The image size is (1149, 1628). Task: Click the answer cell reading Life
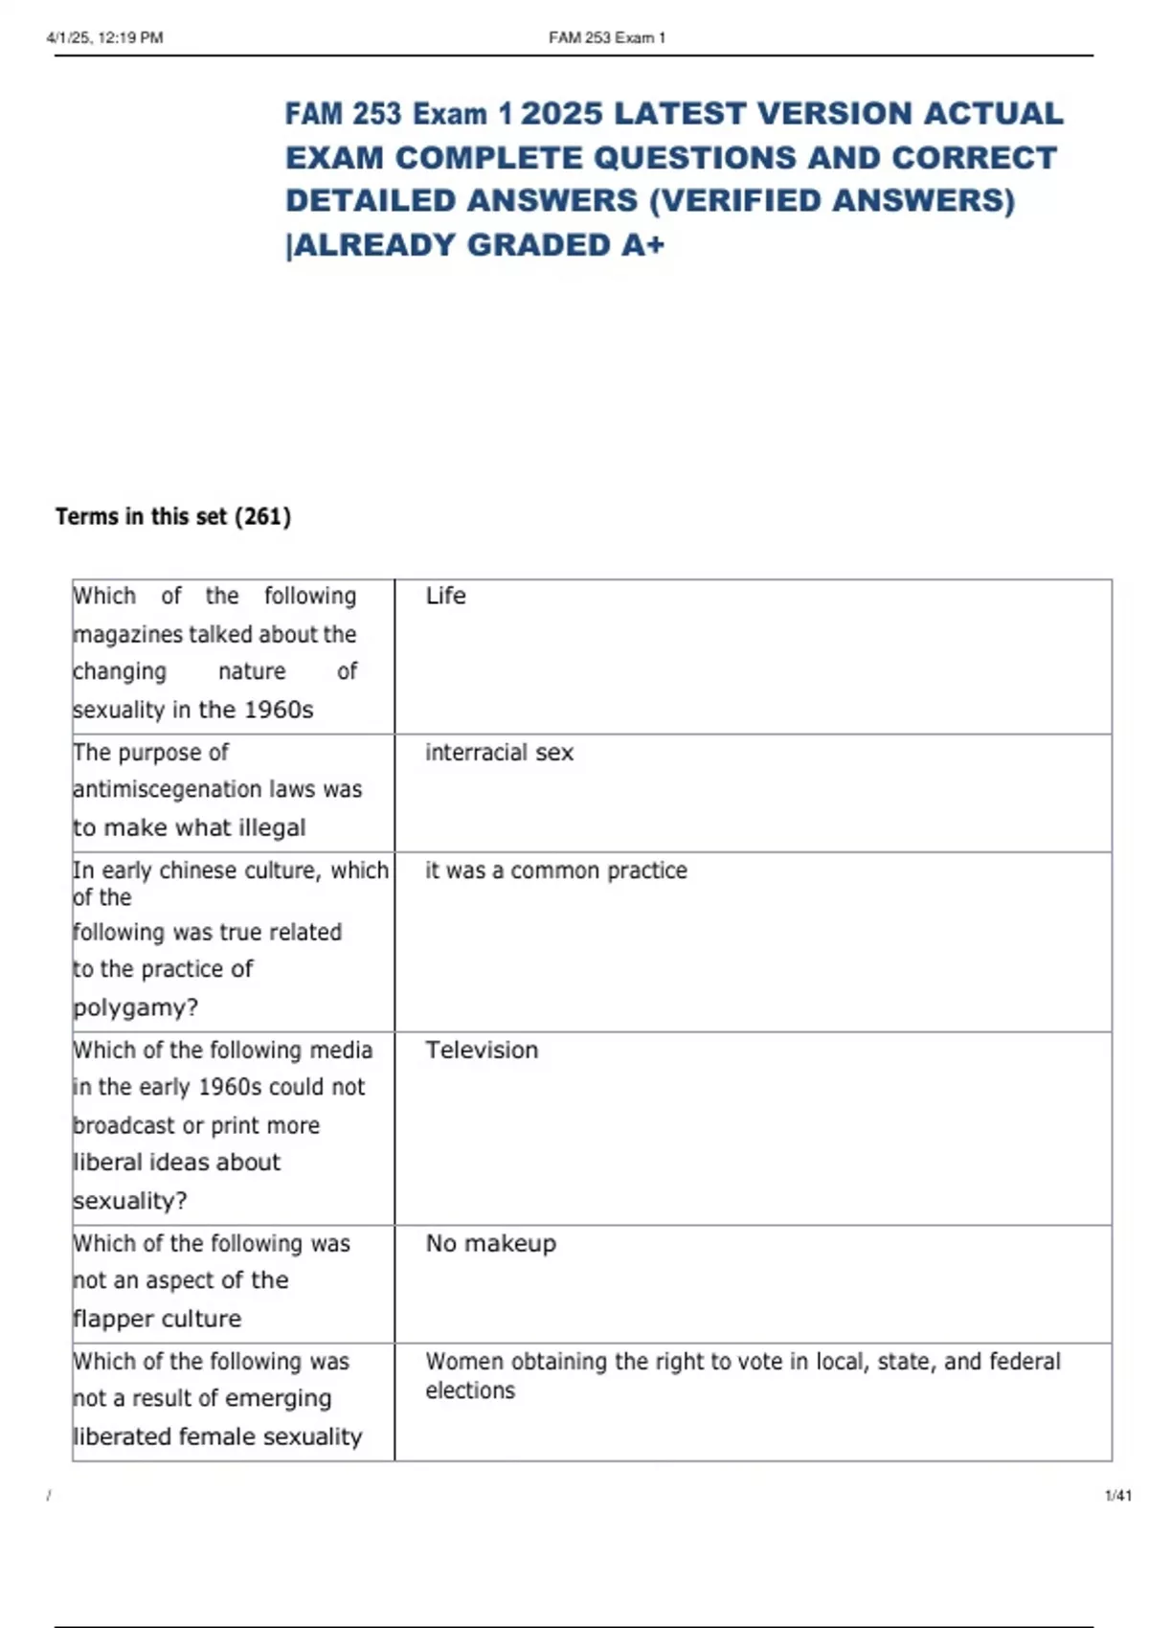point(445,596)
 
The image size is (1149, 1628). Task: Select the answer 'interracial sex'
point(499,753)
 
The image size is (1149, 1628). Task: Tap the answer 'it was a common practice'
point(555,871)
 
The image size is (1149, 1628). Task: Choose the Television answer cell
point(482,1051)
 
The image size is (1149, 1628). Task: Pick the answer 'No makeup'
point(490,1244)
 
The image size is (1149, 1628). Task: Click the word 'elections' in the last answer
point(470,1391)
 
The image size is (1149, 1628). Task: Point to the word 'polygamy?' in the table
point(136,1007)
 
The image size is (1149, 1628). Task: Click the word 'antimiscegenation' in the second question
point(154,789)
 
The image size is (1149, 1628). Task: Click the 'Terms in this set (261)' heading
point(173,517)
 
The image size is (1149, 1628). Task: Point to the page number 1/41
point(1117,1496)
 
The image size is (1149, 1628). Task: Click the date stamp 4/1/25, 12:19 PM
point(104,38)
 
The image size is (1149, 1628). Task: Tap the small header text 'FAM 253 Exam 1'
point(607,38)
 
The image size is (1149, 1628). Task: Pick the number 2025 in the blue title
point(562,114)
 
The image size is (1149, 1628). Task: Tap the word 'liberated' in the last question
point(116,1436)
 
